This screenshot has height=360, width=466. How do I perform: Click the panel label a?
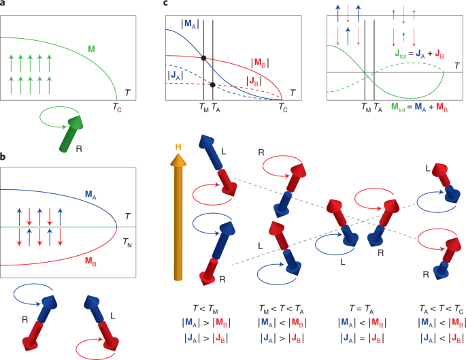pyautogui.click(x=3, y=5)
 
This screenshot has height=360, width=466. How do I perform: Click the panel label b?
pyautogui.click(x=3, y=158)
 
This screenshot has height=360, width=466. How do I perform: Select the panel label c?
pyautogui.click(x=167, y=5)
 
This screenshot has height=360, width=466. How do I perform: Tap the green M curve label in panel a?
pyautogui.click(x=91, y=49)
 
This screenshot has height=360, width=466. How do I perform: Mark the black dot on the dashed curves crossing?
pyautogui.click(x=213, y=85)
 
